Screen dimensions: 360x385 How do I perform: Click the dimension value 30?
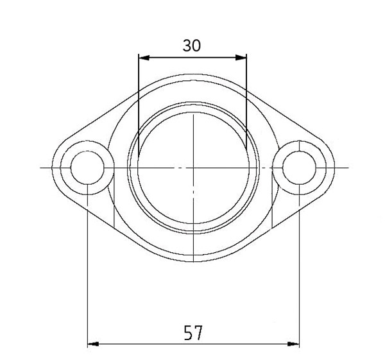tap(191, 46)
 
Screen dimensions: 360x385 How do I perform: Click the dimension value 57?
tap(193, 333)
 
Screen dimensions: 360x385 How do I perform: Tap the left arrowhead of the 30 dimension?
tap(142, 58)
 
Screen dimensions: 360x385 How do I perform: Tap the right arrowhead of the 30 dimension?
tap(243, 58)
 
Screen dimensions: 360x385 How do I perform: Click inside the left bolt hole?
tap(87, 168)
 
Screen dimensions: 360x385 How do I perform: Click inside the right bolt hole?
tap(300, 168)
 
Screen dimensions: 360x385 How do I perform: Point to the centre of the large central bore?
tap(193, 168)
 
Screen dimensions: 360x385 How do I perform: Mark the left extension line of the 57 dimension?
tap(87, 270)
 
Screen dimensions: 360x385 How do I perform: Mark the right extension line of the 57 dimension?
tap(300, 270)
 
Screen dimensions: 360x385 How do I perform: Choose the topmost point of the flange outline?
tap(193, 74)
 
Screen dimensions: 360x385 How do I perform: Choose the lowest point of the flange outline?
tap(193, 261)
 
